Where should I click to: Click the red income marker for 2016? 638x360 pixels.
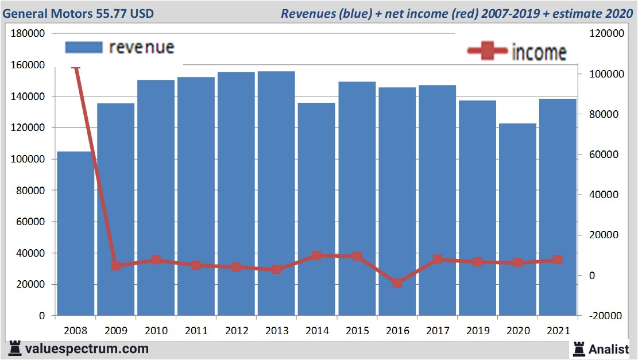click(x=397, y=283)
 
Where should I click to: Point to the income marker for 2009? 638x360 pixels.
click(x=116, y=265)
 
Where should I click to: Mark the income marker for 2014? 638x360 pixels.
click(x=316, y=256)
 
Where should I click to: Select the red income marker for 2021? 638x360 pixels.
click(x=557, y=260)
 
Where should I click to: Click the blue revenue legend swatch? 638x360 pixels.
click(x=84, y=47)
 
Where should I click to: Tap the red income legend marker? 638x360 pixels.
click(x=487, y=52)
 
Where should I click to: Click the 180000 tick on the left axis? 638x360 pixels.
click(x=28, y=34)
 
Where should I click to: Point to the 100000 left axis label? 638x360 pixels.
click(x=28, y=159)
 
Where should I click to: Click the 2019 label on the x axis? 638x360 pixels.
click(x=477, y=331)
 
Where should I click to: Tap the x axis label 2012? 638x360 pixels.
click(x=237, y=331)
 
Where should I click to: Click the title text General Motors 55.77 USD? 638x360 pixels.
click(x=79, y=13)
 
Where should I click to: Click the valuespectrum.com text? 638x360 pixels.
click(x=87, y=349)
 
